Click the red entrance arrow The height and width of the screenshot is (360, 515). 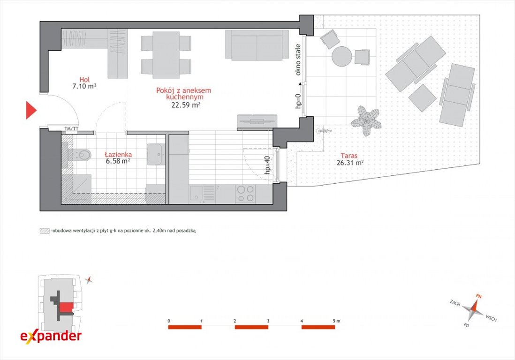coord(31,110)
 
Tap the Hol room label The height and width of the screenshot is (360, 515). coord(84,79)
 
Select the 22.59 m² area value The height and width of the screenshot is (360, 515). coord(186,105)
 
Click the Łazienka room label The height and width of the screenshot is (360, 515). coord(118,154)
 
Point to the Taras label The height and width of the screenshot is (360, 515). coord(349,156)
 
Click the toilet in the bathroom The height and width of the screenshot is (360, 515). coord(82,155)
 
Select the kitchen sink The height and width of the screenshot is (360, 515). coord(197,194)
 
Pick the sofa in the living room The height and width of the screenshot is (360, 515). coord(257,45)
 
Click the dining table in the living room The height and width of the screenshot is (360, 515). coord(166,55)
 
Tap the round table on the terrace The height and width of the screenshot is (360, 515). coord(341,56)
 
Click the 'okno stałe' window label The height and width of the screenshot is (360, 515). coord(298,60)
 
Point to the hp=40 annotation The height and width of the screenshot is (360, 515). coord(267,165)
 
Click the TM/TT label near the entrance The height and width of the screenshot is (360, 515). coord(71,128)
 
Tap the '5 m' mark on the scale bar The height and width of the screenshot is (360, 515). coord(336,321)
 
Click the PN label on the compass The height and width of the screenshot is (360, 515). coord(479,296)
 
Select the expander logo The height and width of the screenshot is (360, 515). coord(51,336)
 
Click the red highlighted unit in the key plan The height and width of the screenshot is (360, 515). coord(66,307)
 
